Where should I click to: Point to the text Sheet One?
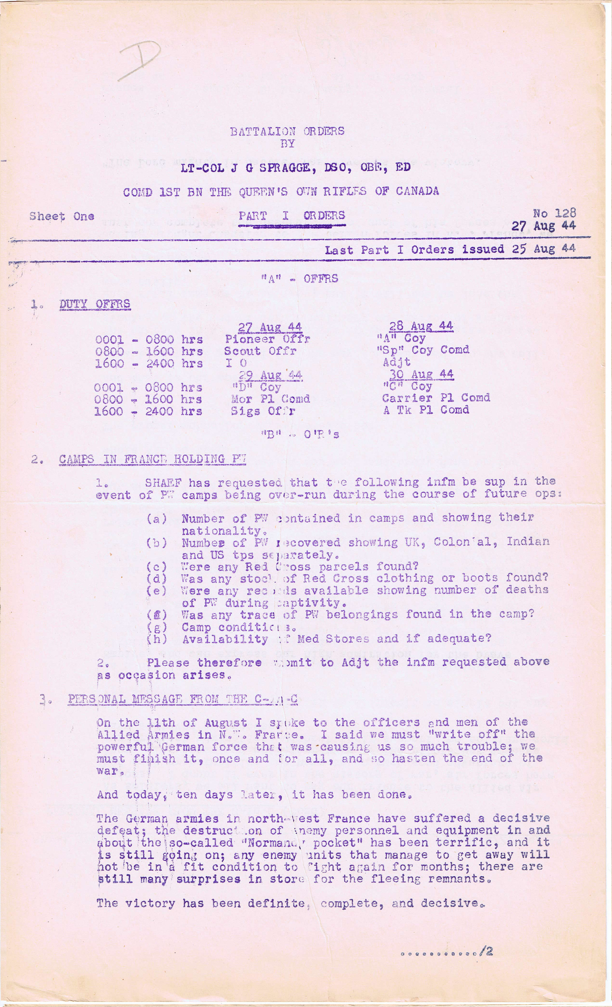[61, 216]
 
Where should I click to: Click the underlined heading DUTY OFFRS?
[95, 304]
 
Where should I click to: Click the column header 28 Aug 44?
[421, 326]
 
